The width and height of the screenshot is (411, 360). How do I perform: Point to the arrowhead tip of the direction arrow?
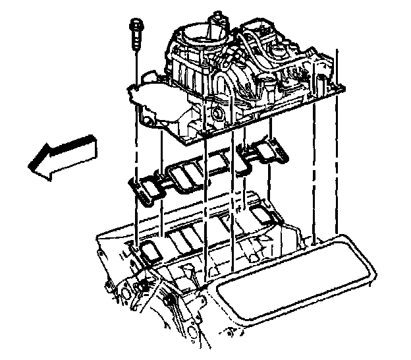tap(31, 165)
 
